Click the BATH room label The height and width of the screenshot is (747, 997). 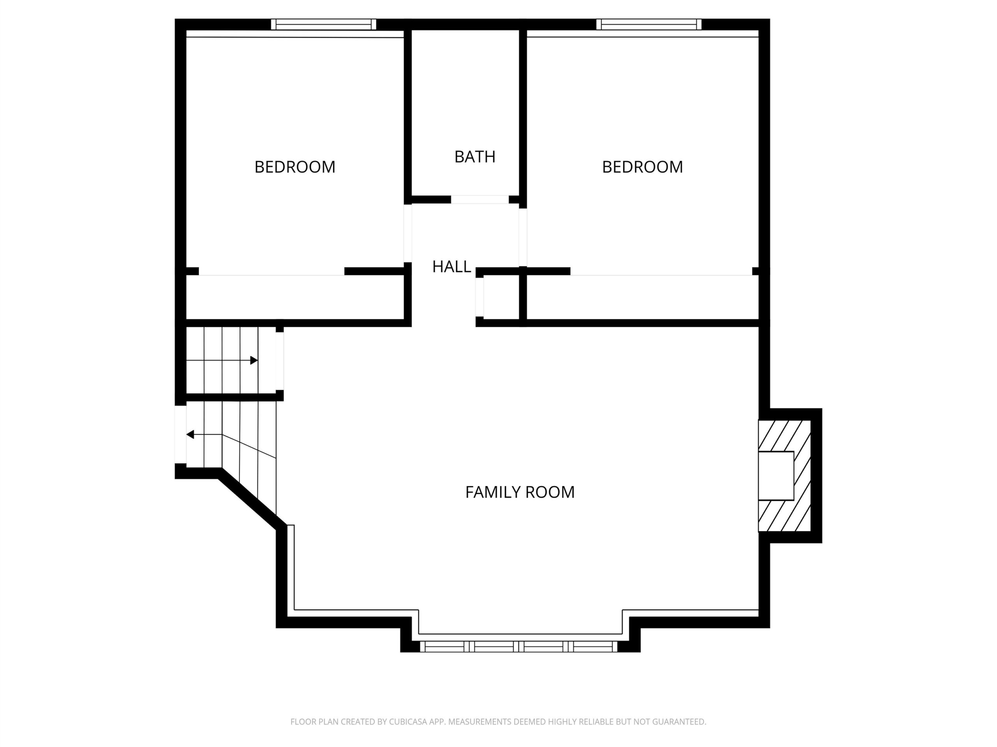[x=475, y=157]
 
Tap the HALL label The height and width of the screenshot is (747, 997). [x=452, y=267]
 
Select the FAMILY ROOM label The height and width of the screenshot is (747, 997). [x=520, y=492]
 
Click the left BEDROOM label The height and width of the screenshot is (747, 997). [x=295, y=167]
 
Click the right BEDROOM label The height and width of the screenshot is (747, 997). [x=642, y=167]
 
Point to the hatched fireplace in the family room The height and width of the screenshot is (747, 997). [x=785, y=475]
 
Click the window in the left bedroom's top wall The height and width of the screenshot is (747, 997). [x=323, y=24]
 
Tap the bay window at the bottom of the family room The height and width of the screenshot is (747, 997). [x=519, y=647]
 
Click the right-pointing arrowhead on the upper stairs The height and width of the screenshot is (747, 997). [x=254, y=360]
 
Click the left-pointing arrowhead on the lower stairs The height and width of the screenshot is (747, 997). [x=190, y=435]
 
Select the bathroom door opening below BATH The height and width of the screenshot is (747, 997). [x=480, y=200]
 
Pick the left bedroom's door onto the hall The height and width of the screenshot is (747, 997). [x=407, y=233]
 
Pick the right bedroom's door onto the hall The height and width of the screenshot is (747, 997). [x=523, y=237]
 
